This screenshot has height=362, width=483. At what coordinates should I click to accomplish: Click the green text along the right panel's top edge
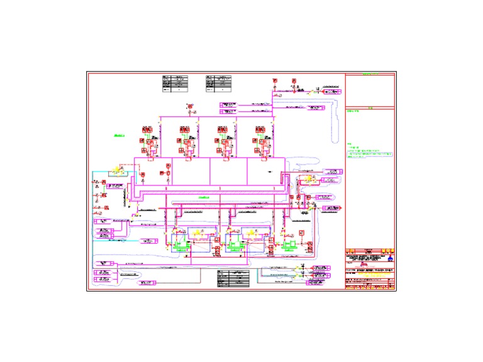click(x=370, y=75)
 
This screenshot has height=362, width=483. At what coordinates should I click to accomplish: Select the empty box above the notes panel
click(x=370, y=91)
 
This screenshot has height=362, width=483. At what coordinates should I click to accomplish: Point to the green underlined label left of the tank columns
click(x=119, y=134)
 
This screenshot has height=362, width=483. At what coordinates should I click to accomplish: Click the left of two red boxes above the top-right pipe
click(x=275, y=81)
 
